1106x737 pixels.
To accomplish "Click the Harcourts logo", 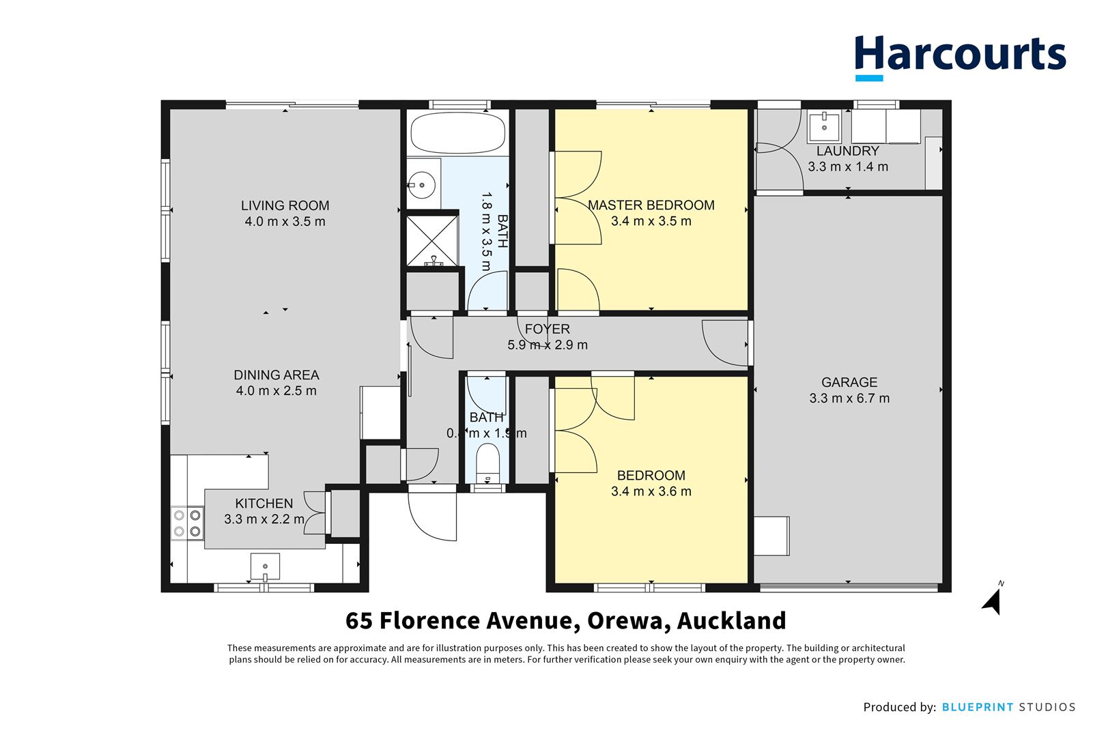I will coord(959,55).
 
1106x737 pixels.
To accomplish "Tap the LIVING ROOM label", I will coord(285,205).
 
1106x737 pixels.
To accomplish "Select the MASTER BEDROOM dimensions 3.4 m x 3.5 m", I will coord(651,221).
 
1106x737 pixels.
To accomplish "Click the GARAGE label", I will coord(849,383).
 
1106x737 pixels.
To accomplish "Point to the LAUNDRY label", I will coord(848,151).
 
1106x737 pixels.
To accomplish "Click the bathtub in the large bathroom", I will coord(457,133).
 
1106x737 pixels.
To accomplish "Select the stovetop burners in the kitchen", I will coord(187,523).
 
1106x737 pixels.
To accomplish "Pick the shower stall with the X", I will coord(433,240).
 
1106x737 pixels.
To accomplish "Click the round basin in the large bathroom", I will coord(423,184).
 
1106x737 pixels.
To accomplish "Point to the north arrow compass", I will coord(993,600).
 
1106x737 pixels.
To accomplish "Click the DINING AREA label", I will coord(276,375).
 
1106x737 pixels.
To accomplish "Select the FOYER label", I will coord(547,329).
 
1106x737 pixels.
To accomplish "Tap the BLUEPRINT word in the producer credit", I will coord(977,707).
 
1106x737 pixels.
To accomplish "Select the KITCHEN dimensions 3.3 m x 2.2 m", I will coord(264,519).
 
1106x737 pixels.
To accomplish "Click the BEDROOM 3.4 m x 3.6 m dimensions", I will coord(651,491).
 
